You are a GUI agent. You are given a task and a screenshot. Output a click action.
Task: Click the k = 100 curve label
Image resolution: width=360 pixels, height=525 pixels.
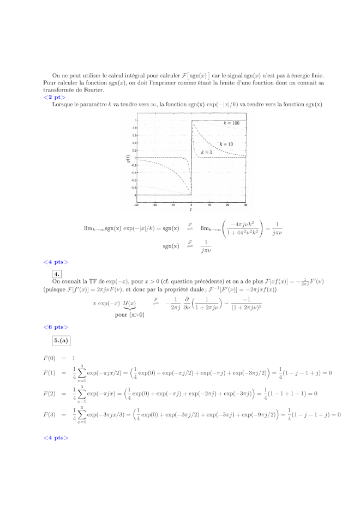click(x=231, y=124)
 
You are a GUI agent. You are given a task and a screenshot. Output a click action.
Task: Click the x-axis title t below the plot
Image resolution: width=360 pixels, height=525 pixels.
click(x=191, y=210)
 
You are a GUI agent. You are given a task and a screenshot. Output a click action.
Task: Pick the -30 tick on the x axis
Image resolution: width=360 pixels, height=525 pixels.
click(x=136, y=205)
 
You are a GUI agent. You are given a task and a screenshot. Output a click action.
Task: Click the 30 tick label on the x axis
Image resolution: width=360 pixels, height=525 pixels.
click(x=245, y=205)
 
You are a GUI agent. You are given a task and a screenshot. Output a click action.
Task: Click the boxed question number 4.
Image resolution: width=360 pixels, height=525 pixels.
click(x=57, y=274)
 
